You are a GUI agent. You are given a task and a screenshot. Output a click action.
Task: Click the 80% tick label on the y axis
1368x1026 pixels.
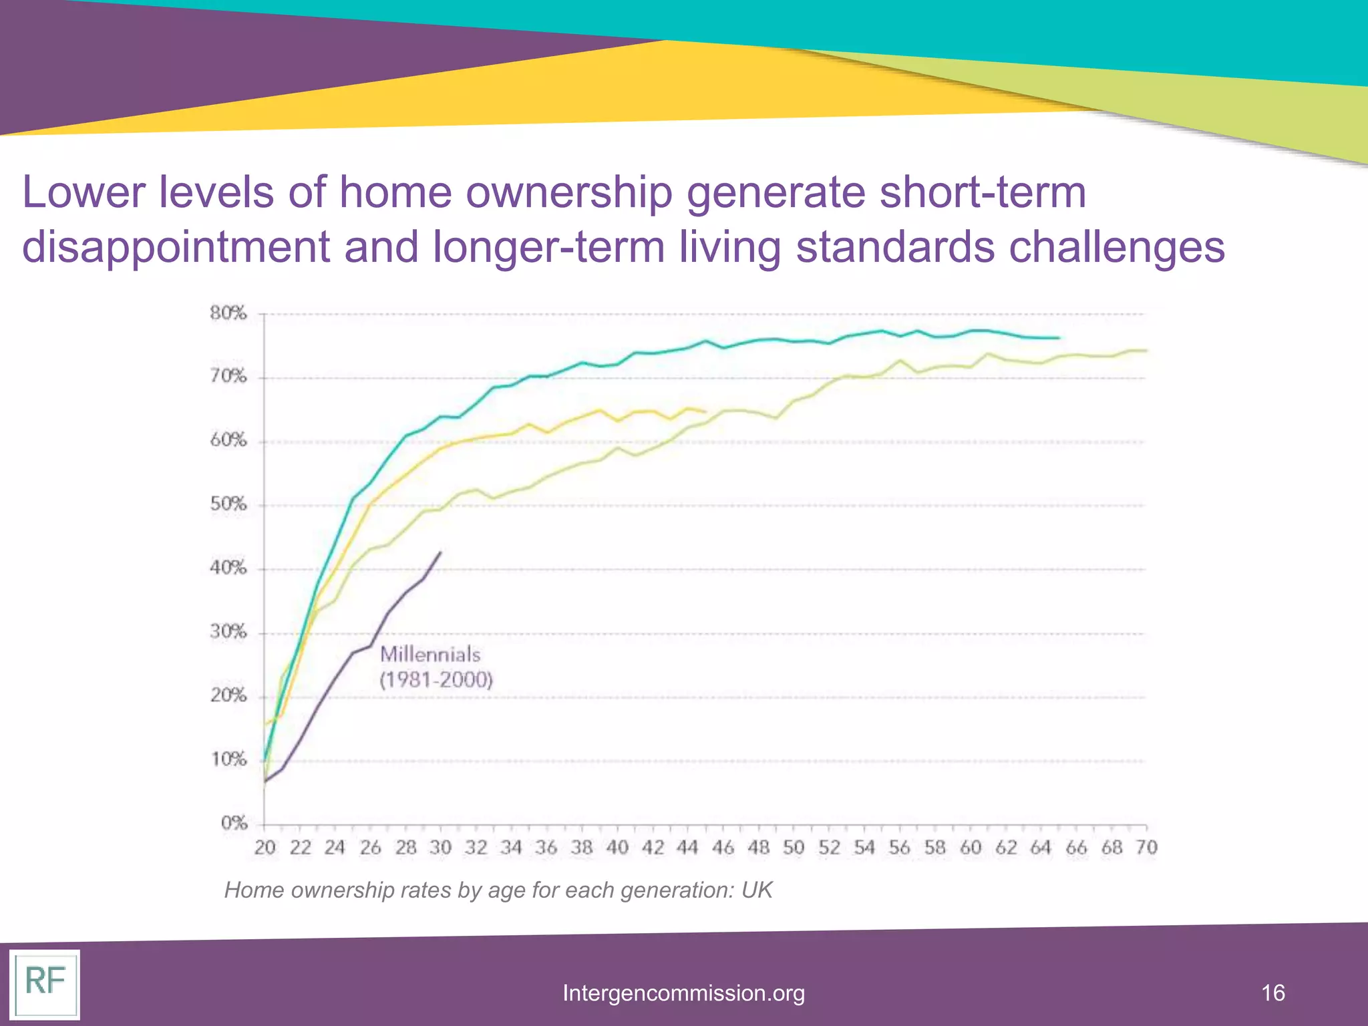(x=228, y=313)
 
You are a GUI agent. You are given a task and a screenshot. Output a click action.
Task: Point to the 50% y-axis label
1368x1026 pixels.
(x=228, y=504)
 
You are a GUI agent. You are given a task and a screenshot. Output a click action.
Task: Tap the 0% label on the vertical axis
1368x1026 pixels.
(x=234, y=824)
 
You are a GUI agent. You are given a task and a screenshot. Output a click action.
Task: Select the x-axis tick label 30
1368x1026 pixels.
(x=440, y=848)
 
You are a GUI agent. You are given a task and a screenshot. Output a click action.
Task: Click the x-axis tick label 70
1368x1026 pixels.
(x=1146, y=848)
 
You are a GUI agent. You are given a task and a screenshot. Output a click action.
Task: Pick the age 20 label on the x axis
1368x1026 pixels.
(x=265, y=848)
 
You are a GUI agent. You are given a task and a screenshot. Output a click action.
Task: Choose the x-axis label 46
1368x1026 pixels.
(x=723, y=848)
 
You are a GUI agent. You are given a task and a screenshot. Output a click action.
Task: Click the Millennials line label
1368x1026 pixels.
(x=430, y=654)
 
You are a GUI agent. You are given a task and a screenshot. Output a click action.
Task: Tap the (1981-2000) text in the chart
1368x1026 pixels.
(x=436, y=680)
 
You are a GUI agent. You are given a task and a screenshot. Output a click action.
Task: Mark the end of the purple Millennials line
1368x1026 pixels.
(x=440, y=552)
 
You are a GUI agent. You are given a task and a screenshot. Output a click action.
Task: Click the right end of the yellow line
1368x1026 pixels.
(x=705, y=411)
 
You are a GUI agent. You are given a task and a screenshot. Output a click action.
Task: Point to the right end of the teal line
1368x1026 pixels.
(x=1059, y=338)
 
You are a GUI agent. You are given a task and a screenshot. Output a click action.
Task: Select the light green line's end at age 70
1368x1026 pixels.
(x=1146, y=350)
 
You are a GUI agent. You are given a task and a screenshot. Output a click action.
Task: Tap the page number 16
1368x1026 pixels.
(x=1273, y=993)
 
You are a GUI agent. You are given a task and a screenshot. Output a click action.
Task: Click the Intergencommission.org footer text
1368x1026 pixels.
(x=683, y=993)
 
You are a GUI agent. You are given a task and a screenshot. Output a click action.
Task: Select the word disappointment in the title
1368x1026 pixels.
(x=175, y=247)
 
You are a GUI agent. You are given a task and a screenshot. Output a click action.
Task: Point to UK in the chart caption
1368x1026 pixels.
(x=757, y=890)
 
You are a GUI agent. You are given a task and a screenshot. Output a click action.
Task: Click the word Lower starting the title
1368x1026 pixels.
(x=83, y=192)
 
